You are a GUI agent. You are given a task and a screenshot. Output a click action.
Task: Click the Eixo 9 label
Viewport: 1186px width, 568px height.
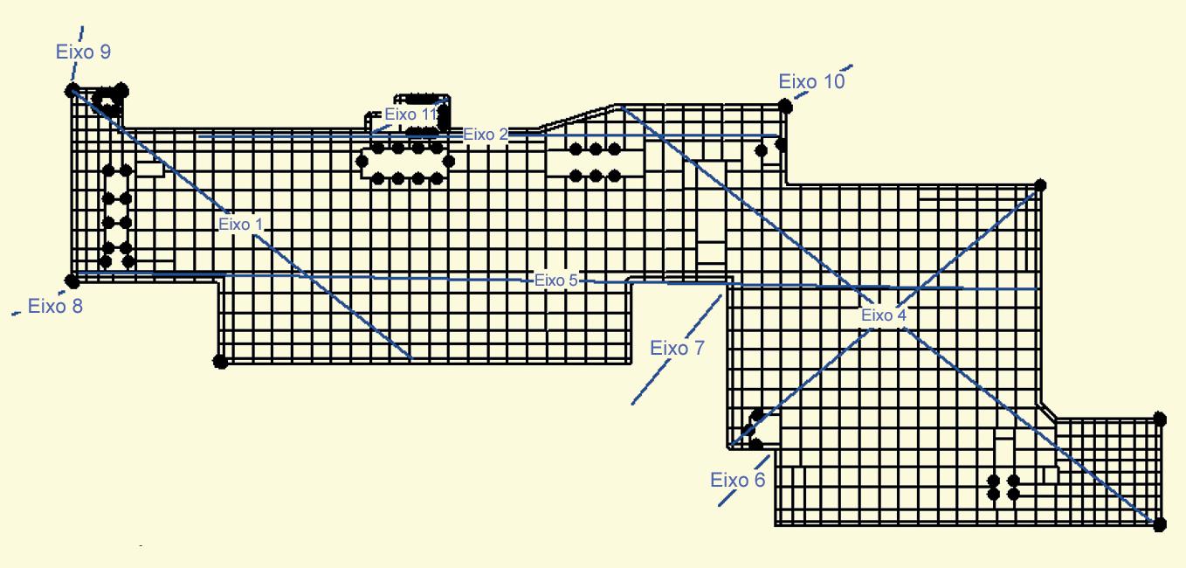pos(83,52)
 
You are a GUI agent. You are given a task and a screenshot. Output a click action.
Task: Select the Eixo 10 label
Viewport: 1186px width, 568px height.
pos(811,82)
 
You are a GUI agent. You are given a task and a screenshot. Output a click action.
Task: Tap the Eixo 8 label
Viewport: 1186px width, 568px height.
pos(55,306)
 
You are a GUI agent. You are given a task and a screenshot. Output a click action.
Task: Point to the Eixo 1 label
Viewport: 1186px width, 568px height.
pos(240,225)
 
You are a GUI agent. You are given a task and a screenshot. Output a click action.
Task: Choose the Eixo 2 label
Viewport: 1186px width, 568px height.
pos(485,135)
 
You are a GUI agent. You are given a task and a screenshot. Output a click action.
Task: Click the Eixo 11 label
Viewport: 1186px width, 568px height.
pos(410,114)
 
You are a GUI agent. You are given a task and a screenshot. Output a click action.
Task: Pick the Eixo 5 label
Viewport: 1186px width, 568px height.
pos(555,281)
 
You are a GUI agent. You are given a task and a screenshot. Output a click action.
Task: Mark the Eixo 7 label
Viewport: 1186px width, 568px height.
pos(677,348)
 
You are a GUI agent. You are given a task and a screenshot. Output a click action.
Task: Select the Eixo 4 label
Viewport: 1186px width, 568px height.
pos(883,315)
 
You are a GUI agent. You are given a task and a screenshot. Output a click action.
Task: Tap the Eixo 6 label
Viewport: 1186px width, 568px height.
pos(737,480)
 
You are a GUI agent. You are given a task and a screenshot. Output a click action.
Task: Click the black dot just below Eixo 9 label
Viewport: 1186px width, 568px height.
pos(72,89)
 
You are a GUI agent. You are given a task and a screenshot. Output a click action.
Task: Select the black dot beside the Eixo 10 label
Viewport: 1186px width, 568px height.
pos(785,107)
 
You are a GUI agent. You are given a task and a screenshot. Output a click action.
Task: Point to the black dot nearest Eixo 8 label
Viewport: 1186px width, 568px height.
pos(72,281)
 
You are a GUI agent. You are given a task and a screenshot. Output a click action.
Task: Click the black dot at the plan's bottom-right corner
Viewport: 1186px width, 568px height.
pos(1159,524)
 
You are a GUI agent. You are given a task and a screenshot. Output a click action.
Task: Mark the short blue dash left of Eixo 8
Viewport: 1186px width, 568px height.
pos(16,313)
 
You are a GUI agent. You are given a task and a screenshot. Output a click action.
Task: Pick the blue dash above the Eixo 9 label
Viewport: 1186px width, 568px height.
pos(82,31)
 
